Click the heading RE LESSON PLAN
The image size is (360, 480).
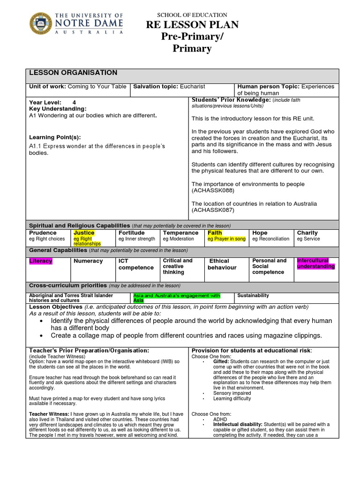pyautogui.click(x=192, y=25)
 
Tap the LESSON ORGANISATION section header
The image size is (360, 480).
pyautogui.click(x=73, y=73)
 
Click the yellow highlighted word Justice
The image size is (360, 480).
pyautogui.click(x=84, y=233)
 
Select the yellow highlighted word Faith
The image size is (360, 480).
pyautogui.click(x=215, y=233)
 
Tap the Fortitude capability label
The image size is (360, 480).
pyautogui.click(x=131, y=233)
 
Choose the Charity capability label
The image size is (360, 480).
pyautogui.click(x=307, y=233)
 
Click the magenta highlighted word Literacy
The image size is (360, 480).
pyautogui.click(x=41, y=261)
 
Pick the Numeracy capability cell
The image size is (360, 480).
pyautogui.click(x=88, y=261)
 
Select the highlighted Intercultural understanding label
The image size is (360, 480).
pyautogui.click(x=316, y=263)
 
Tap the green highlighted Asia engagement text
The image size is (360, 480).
pyautogui.click(x=176, y=298)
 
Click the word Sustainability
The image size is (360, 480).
pyautogui.click(x=253, y=296)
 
